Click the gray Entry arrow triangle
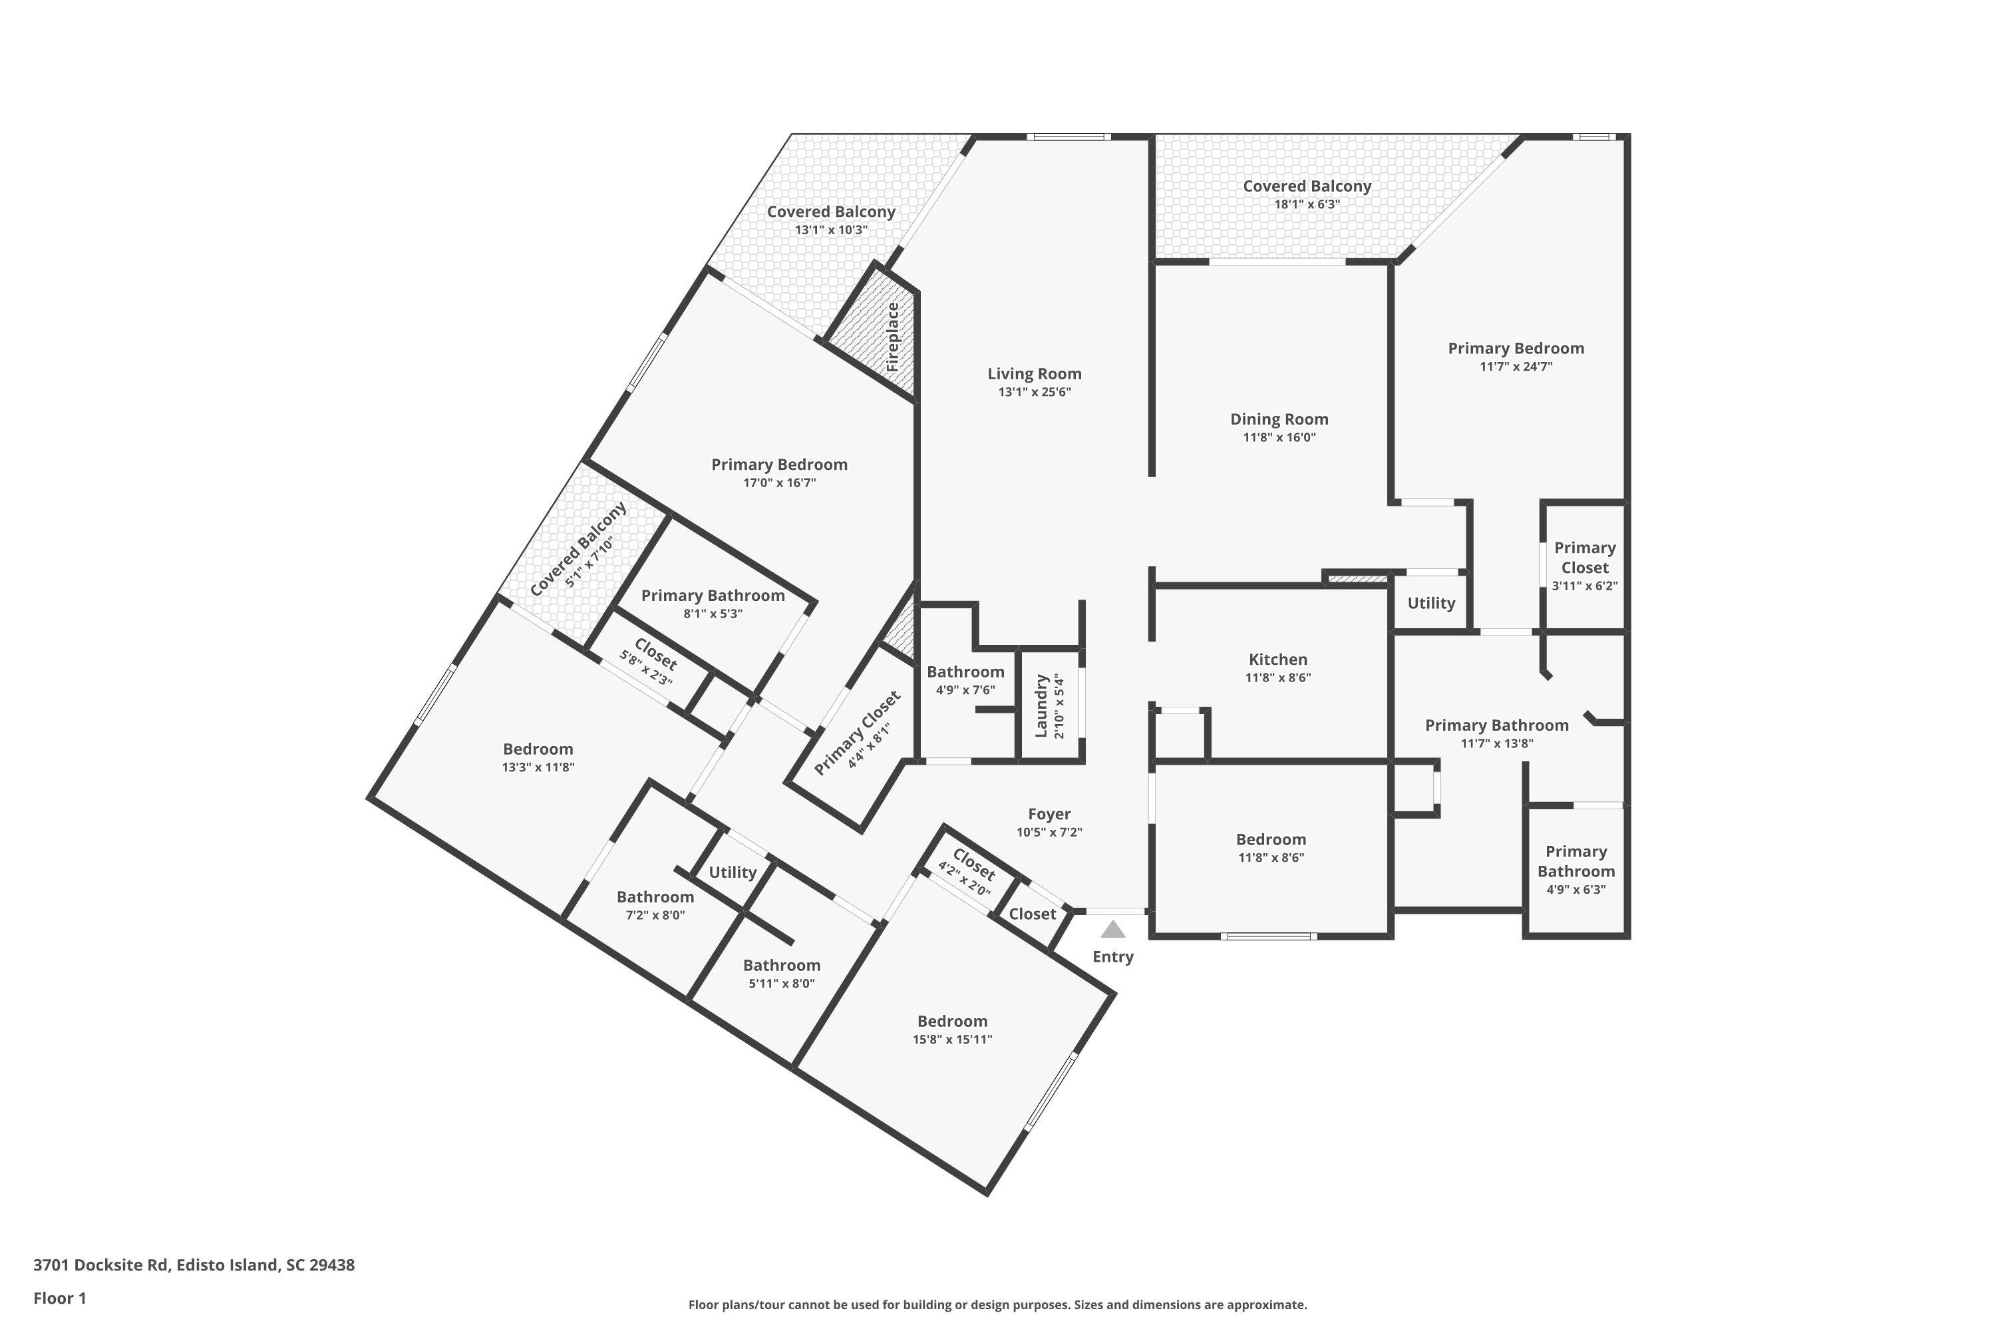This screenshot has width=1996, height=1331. point(1112,930)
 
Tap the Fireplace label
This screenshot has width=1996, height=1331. point(892,337)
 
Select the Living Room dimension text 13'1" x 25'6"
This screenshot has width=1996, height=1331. point(1034,392)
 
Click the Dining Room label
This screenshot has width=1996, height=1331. point(1279,419)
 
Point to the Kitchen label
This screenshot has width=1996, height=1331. point(1277,660)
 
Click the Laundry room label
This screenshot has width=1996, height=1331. point(1041,706)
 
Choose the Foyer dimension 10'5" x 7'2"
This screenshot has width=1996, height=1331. point(1049,833)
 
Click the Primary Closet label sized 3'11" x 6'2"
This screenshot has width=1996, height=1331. point(1583,558)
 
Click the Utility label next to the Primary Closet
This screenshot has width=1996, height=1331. point(1431,604)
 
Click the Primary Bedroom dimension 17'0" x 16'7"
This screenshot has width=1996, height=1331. point(778,483)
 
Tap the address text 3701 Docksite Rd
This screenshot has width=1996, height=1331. point(101,1265)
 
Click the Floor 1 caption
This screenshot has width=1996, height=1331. point(59,1298)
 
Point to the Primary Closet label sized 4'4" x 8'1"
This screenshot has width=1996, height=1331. point(856,733)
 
